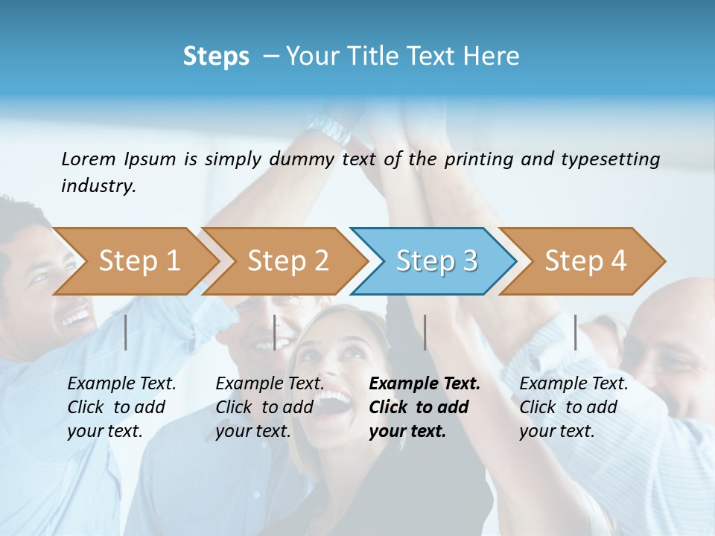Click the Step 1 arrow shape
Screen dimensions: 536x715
point(138,261)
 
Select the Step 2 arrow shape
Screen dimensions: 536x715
point(287,261)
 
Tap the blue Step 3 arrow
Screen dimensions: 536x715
point(436,261)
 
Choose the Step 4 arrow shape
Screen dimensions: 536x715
point(585,261)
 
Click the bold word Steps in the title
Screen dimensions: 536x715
point(216,57)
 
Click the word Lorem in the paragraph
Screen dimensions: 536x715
point(88,159)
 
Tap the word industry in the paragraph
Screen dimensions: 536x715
point(98,186)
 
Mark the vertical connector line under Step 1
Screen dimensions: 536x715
point(126,332)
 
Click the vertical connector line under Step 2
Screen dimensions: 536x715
point(275,332)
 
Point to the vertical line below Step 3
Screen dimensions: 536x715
point(425,332)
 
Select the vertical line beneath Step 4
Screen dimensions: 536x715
point(575,332)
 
